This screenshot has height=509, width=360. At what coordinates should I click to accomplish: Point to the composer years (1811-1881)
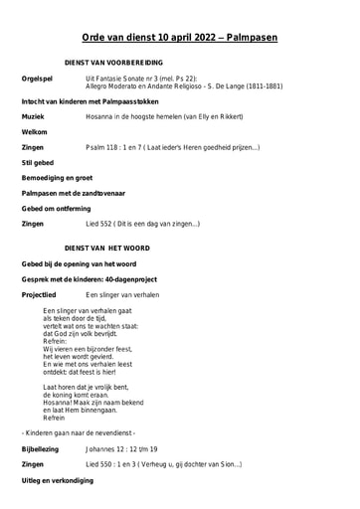pos(259,86)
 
